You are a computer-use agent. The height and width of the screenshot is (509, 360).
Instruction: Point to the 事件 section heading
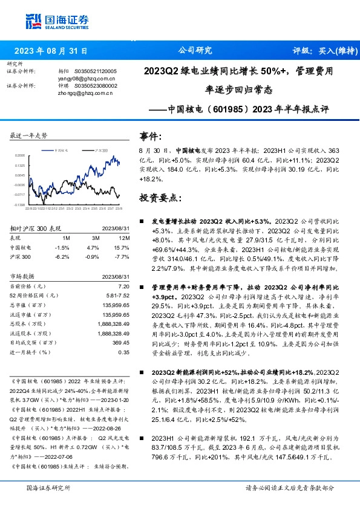[x=151, y=136]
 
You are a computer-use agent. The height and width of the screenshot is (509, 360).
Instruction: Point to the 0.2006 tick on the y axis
[x=21, y=155]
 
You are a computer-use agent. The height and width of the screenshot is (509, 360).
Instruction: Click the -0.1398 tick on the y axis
[x=21, y=205]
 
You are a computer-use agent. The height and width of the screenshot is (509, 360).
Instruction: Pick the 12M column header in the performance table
[x=123, y=238]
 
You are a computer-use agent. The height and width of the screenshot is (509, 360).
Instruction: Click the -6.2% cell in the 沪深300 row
[x=62, y=256]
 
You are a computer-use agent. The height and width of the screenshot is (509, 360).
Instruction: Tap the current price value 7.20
[x=123, y=285]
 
